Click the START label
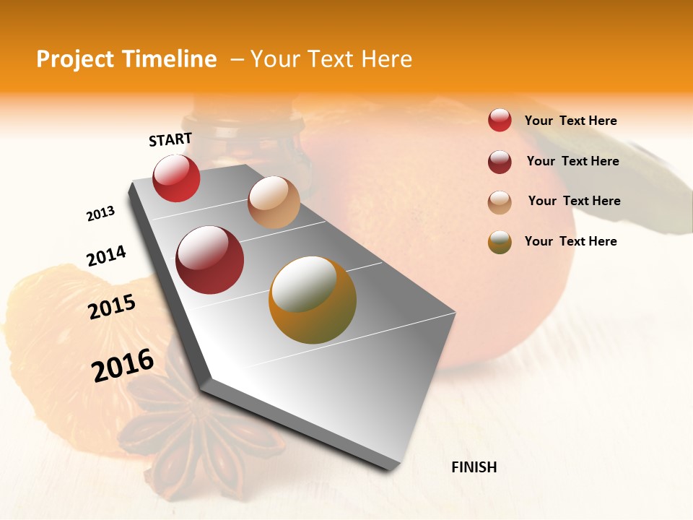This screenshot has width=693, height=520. [x=170, y=139]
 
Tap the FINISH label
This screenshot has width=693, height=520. [x=474, y=467]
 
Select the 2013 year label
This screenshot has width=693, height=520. [x=100, y=214]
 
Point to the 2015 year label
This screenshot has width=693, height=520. [x=112, y=307]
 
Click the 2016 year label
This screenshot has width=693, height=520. [x=123, y=365]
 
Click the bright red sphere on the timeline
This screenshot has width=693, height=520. [x=176, y=178]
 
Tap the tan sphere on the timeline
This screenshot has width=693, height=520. [x=274, y=202]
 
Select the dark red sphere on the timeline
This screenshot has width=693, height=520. [x=210, y=260]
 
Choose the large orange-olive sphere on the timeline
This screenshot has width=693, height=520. [x=313, y=300]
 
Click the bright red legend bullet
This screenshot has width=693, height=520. [x=500, y=120]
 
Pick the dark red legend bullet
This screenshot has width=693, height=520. [x=500, y=162]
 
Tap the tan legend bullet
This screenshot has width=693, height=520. [x=500, y=202]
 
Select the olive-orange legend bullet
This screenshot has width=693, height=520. [x=500, y=242]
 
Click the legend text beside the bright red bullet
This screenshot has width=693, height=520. [x=570, y=121]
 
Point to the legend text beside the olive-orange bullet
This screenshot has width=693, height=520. [x=570, y=241]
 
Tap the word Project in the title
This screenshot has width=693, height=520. [x=75, y=59]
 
